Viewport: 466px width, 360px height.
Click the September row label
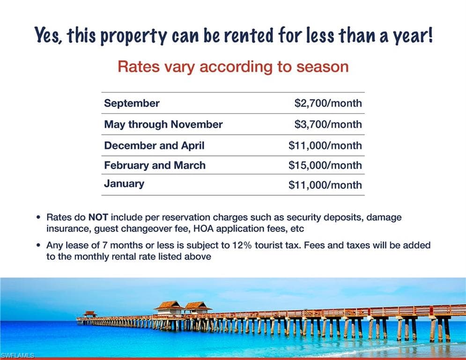click(132, 104)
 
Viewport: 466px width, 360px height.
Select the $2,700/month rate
click(328, 103)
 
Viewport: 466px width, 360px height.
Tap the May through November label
click(163, 124)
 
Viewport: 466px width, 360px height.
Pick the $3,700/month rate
click(328, 124)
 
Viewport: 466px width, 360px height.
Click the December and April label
click(154, 145)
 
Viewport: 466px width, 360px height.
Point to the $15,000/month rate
click(325, 165)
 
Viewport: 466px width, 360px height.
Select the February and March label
click(155, 165)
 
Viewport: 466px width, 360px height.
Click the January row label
click(124, 184)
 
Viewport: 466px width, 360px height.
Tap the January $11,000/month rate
click(325, 185)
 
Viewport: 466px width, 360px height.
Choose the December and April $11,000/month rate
click(325, 145)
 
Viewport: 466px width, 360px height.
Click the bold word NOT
click(98, 217)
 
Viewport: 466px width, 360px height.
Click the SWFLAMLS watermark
click(17, 355)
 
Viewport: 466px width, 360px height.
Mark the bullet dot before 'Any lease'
click(38, 246)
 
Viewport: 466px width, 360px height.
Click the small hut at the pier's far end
click(90, 314)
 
